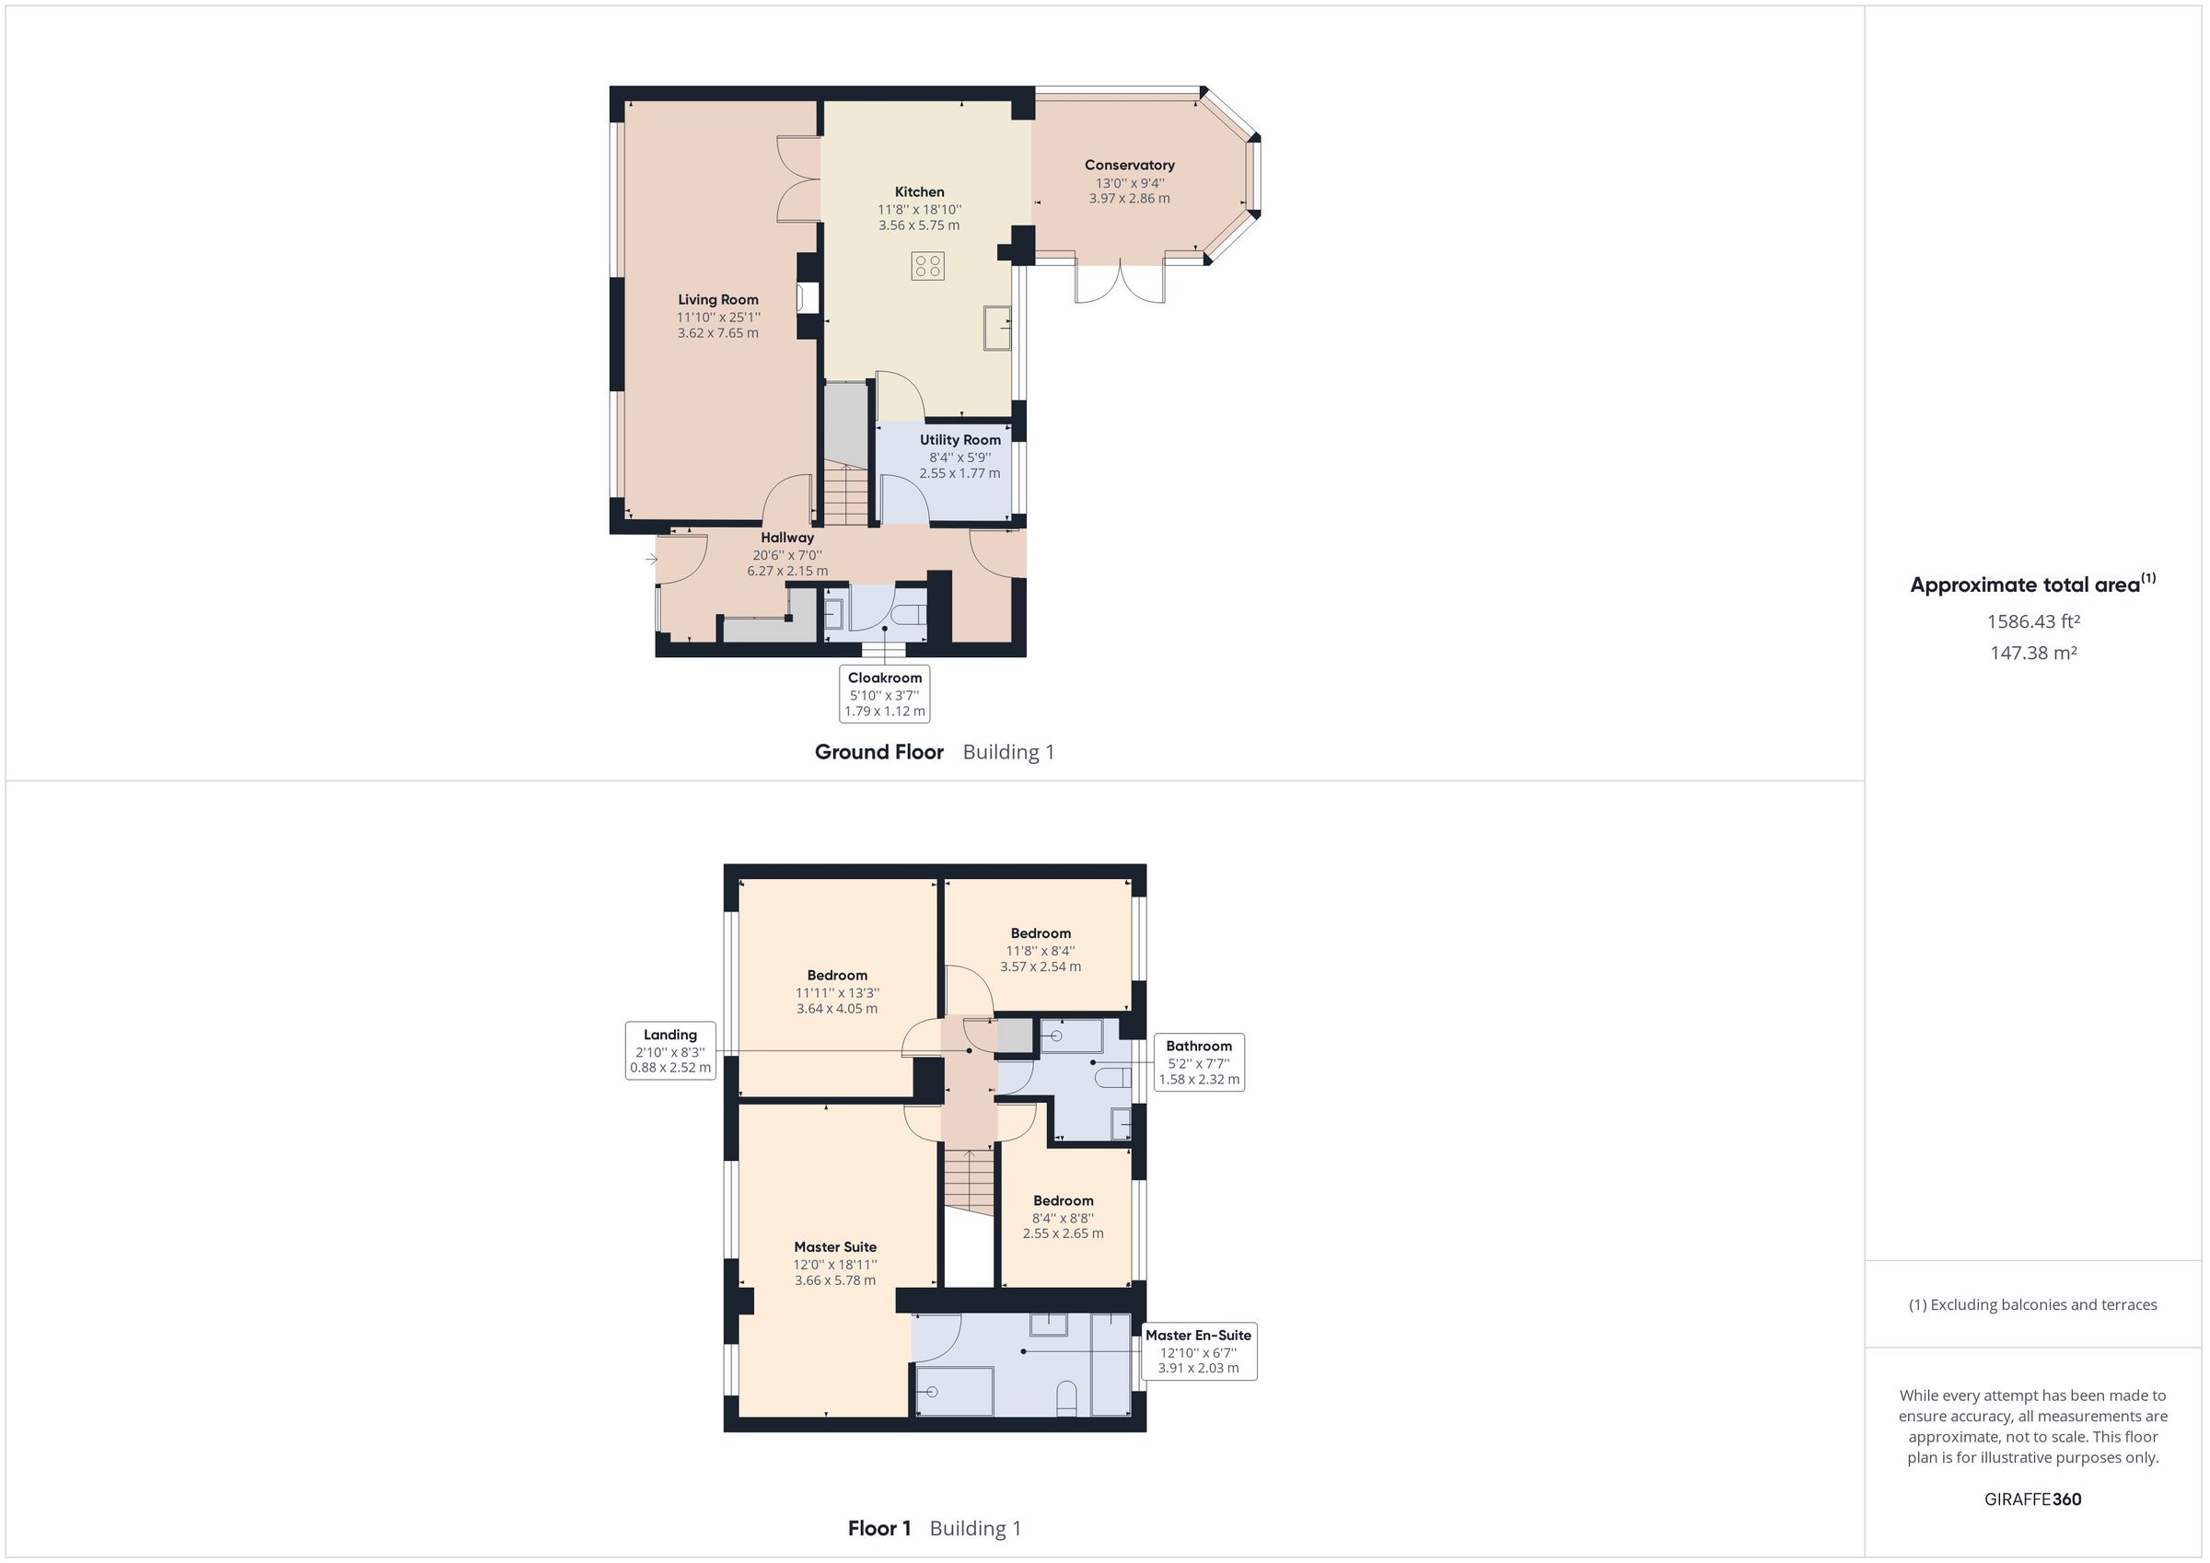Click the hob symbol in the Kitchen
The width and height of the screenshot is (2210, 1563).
(929, 266)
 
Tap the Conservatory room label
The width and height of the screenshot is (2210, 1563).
(1129, 166)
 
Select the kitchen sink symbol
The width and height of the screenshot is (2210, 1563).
(997, 329)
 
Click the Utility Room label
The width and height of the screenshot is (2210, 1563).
(960, 440)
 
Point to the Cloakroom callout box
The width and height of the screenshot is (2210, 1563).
(885, 693)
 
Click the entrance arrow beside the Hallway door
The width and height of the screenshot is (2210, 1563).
(652, 558)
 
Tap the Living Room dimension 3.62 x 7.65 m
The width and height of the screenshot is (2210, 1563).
(718, 334)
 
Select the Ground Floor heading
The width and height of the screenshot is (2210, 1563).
(878, 753)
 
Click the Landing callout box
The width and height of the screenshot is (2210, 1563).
(671, 1051)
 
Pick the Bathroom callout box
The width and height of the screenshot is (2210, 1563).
(1198, 1062)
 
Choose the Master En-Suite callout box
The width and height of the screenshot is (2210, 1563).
(1198, 1351)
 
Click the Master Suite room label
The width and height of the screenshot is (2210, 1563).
(834, 1247)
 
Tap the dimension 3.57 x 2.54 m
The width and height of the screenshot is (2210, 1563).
(1041, 967)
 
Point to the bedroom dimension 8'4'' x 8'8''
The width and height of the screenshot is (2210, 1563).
(1063, 1218)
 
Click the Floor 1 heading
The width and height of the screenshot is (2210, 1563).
(878, 1528)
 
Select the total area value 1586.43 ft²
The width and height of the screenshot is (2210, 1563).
(2032, 621)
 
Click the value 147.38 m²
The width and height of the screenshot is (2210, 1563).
(2032, 654)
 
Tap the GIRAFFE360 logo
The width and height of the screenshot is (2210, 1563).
(2032, 1499)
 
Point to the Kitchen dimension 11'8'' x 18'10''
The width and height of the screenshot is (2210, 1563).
(919, 210)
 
